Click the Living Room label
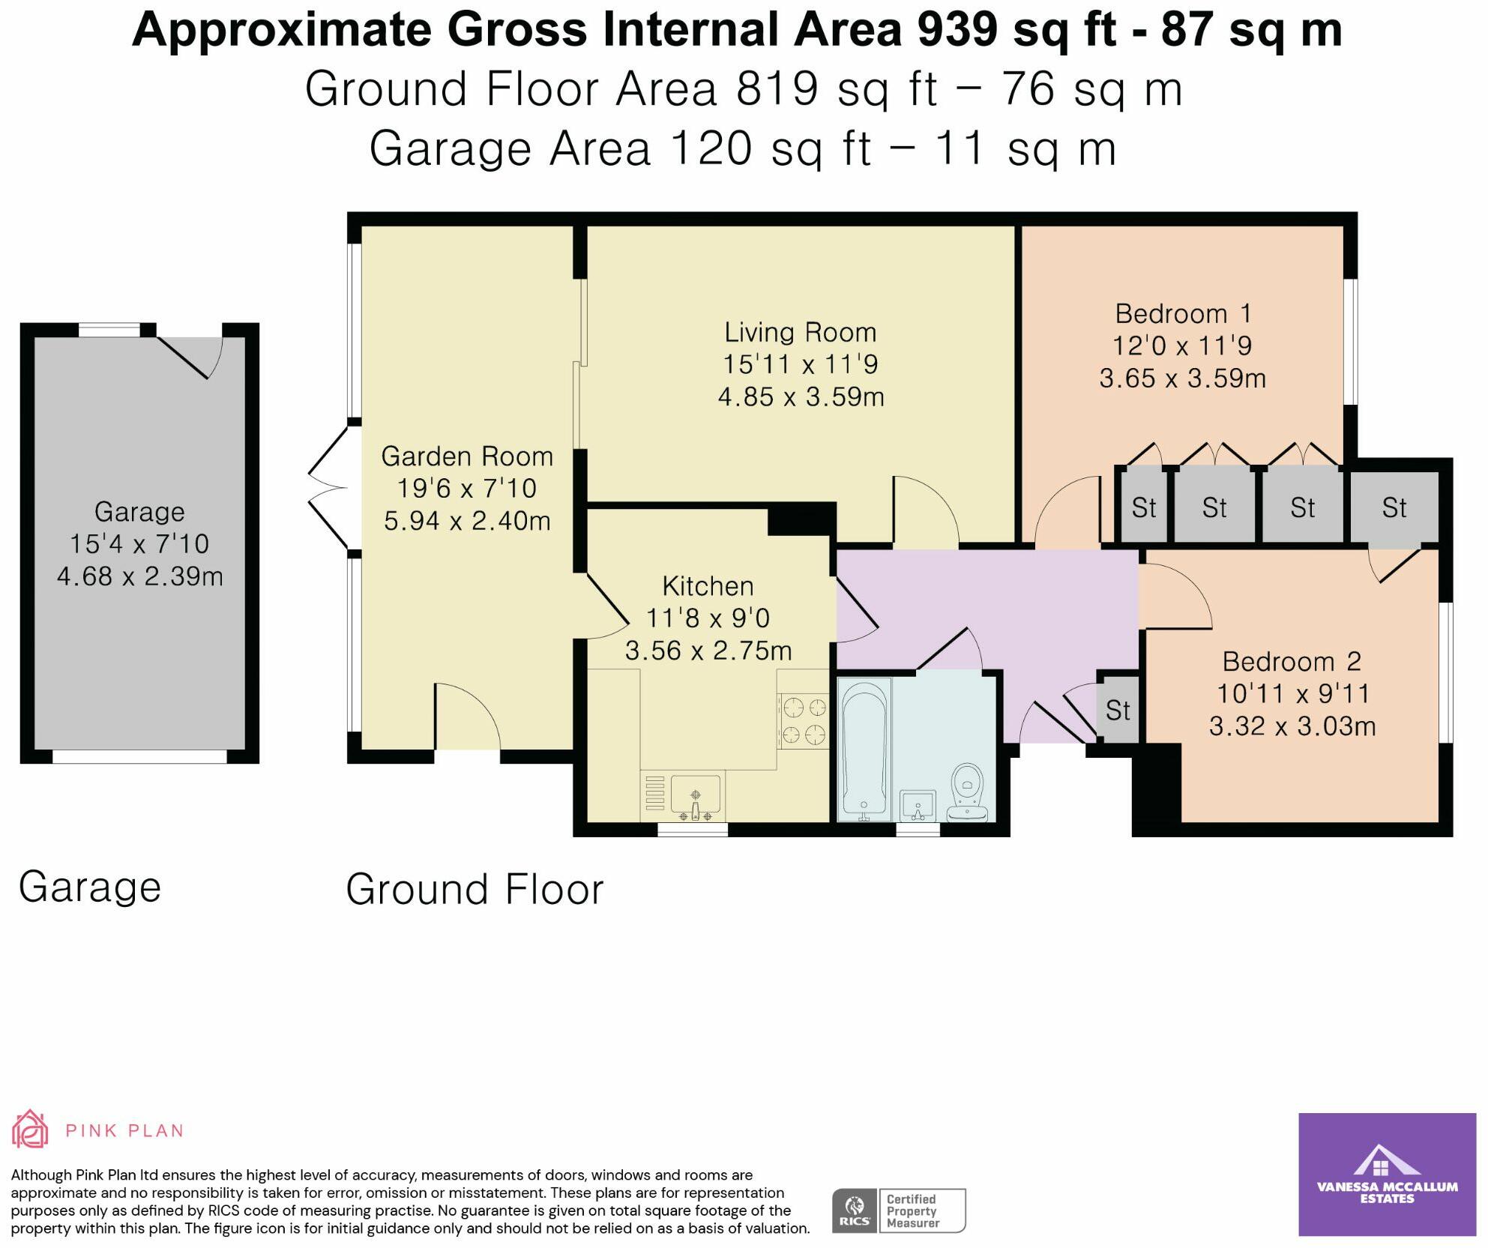tap(801, 332)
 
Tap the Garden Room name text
tap(467, 456)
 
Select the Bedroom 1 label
tap(1183, 313)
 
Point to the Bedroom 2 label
tap(1292, 661)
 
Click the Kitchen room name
tap(708, 586)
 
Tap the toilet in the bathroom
tap(968, 792)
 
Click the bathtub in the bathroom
tap(866, 750)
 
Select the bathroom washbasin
tap(917, 805)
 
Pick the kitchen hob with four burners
tap(803, 720)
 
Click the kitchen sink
tap(695, 796)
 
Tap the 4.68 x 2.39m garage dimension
tap(140, 576)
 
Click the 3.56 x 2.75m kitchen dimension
tap(708, 651)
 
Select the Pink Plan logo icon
tap(30, 1130)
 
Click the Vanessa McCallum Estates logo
tap(1387, 1174)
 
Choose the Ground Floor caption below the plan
tap(475, 890)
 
